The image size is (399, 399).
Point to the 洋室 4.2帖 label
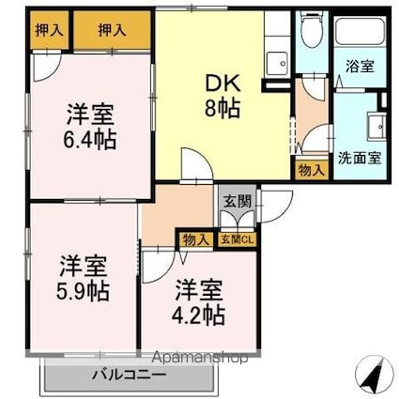click(x=197, y=300)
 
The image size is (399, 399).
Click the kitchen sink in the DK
click(x=278, y=64)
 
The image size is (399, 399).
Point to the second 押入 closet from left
click(x=113, y=30)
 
